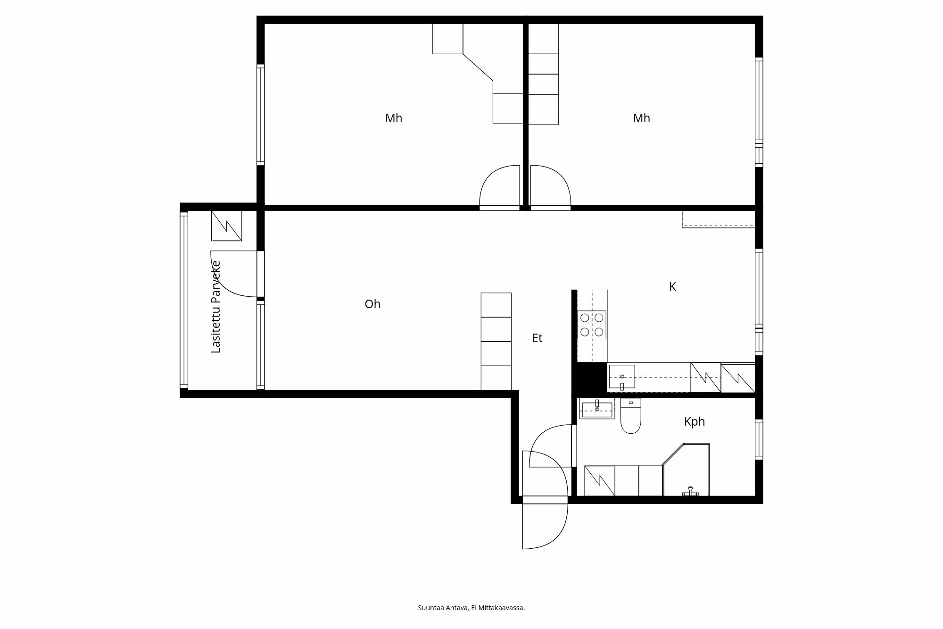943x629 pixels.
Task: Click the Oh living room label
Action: tap(372, 304)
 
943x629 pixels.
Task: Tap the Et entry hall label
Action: tap(537, 338)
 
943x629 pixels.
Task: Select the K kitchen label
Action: tap(672, 287)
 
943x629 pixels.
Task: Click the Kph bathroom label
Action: tap(694, 422)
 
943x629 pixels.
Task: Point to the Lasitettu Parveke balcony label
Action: tap(216, 307)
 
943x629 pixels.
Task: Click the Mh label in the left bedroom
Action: tap(393, 118)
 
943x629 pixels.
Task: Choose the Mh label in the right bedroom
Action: tap(641, 118)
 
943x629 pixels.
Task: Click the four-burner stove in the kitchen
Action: tap(592, 325)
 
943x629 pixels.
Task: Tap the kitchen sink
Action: tap(621, 377)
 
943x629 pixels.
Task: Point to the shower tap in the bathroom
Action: tap(689, 491)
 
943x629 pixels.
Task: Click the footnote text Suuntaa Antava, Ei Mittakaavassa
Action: tap(471, 608)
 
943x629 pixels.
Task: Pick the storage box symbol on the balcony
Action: tap(226, 226)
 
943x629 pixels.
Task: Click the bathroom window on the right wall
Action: tap(759, 439)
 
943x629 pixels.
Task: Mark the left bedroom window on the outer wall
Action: tap(260, 115)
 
